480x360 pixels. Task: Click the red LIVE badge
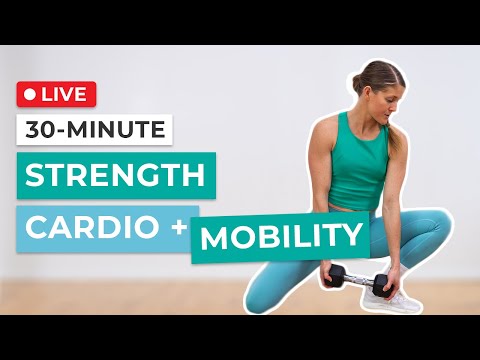click(56, 94)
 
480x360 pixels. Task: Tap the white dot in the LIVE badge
click(30, 94)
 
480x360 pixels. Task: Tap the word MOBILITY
click(280, 238)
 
